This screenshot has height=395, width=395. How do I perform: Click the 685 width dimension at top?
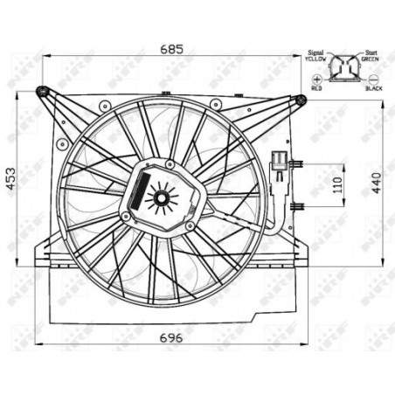[x=171, y=49]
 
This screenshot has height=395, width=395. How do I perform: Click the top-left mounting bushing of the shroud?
[x=41, y=91]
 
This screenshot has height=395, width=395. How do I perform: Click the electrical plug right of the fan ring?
[x=280, y=163]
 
